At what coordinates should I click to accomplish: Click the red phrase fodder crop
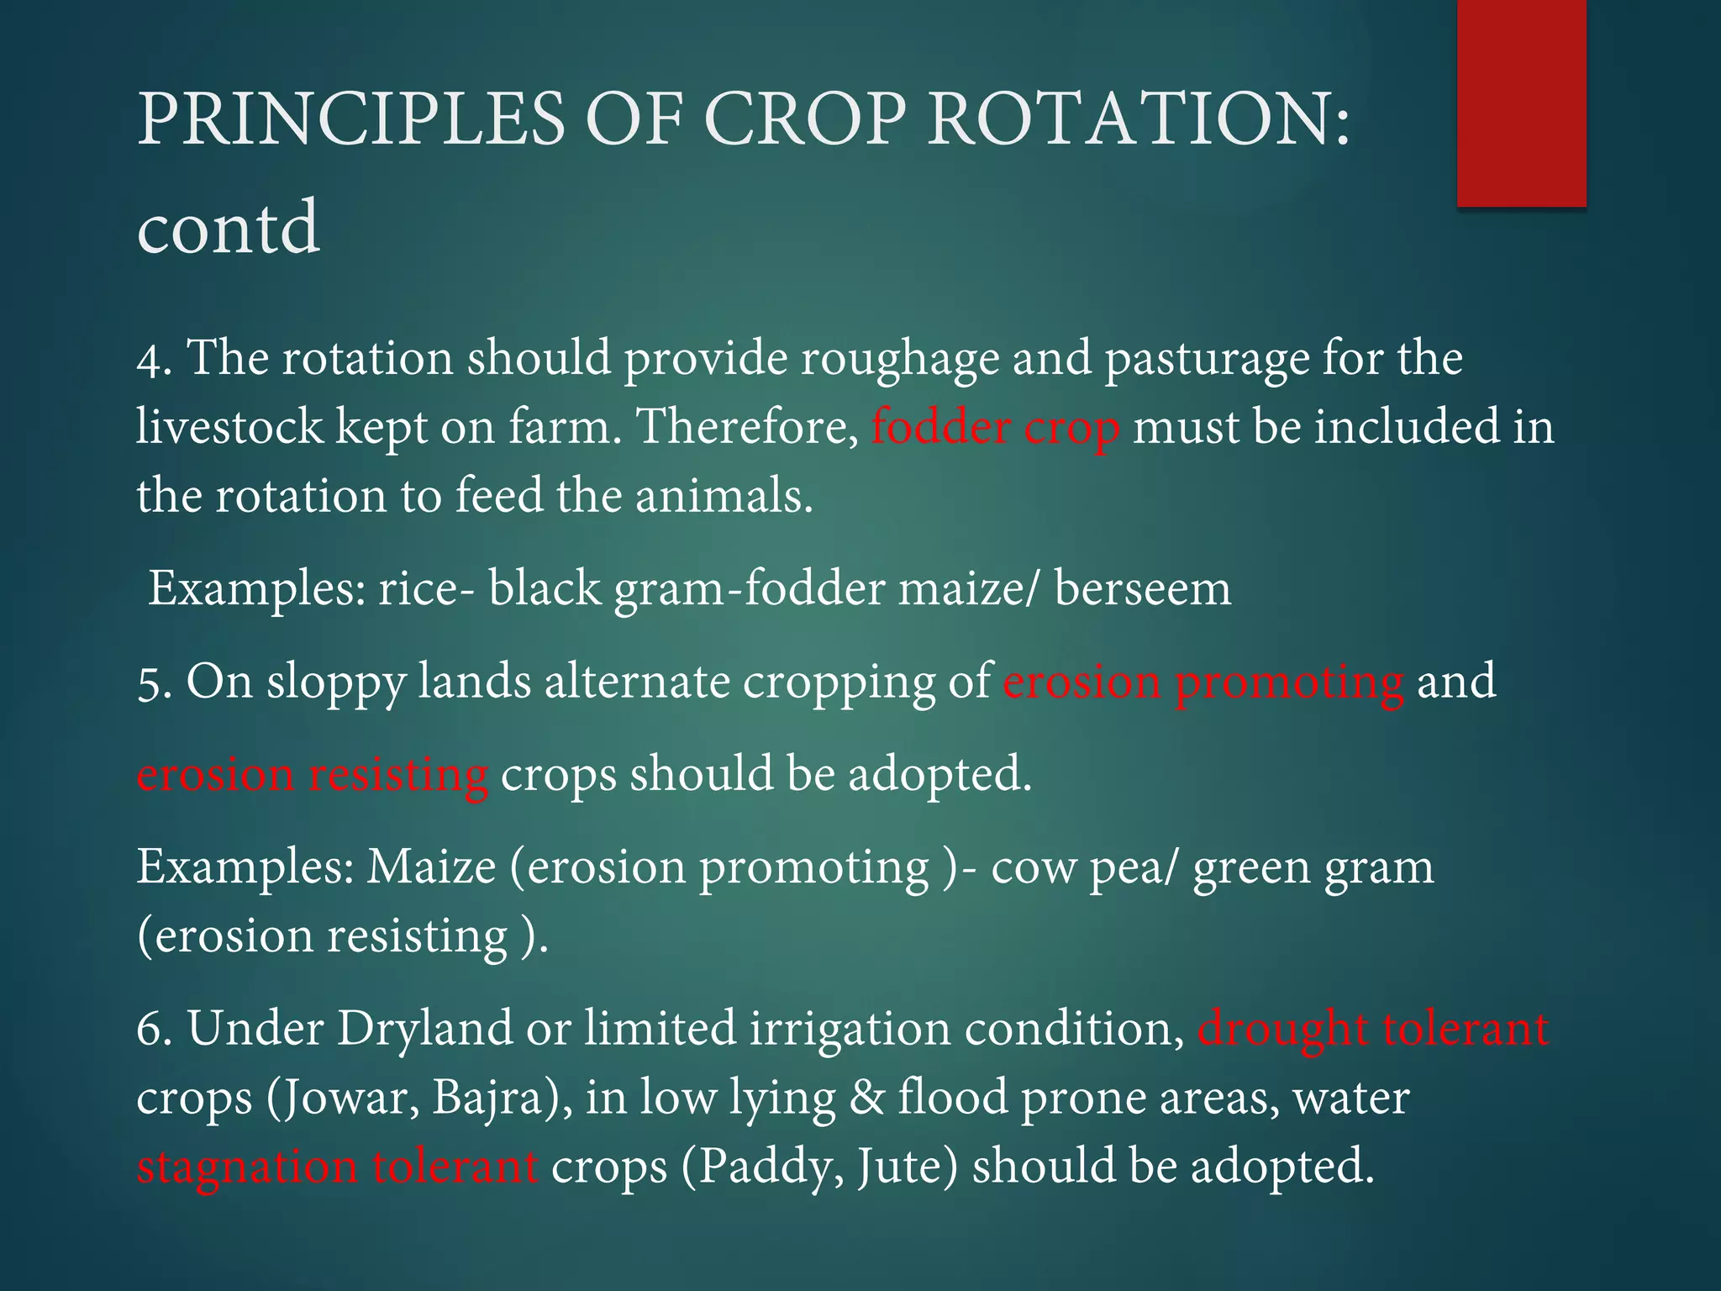995,427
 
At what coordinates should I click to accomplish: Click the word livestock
229,426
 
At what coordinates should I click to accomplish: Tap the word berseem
1143,588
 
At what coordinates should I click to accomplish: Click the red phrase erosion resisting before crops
312,774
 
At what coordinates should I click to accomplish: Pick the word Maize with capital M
431,867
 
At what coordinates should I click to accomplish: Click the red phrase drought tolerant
1372,1029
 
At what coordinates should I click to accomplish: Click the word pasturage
1206,359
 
